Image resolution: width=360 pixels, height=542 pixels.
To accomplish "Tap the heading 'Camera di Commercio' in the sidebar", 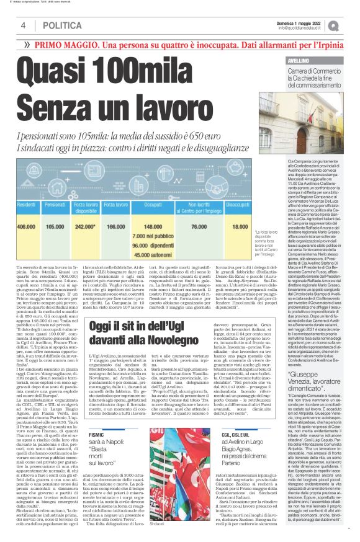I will click(313, 73).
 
